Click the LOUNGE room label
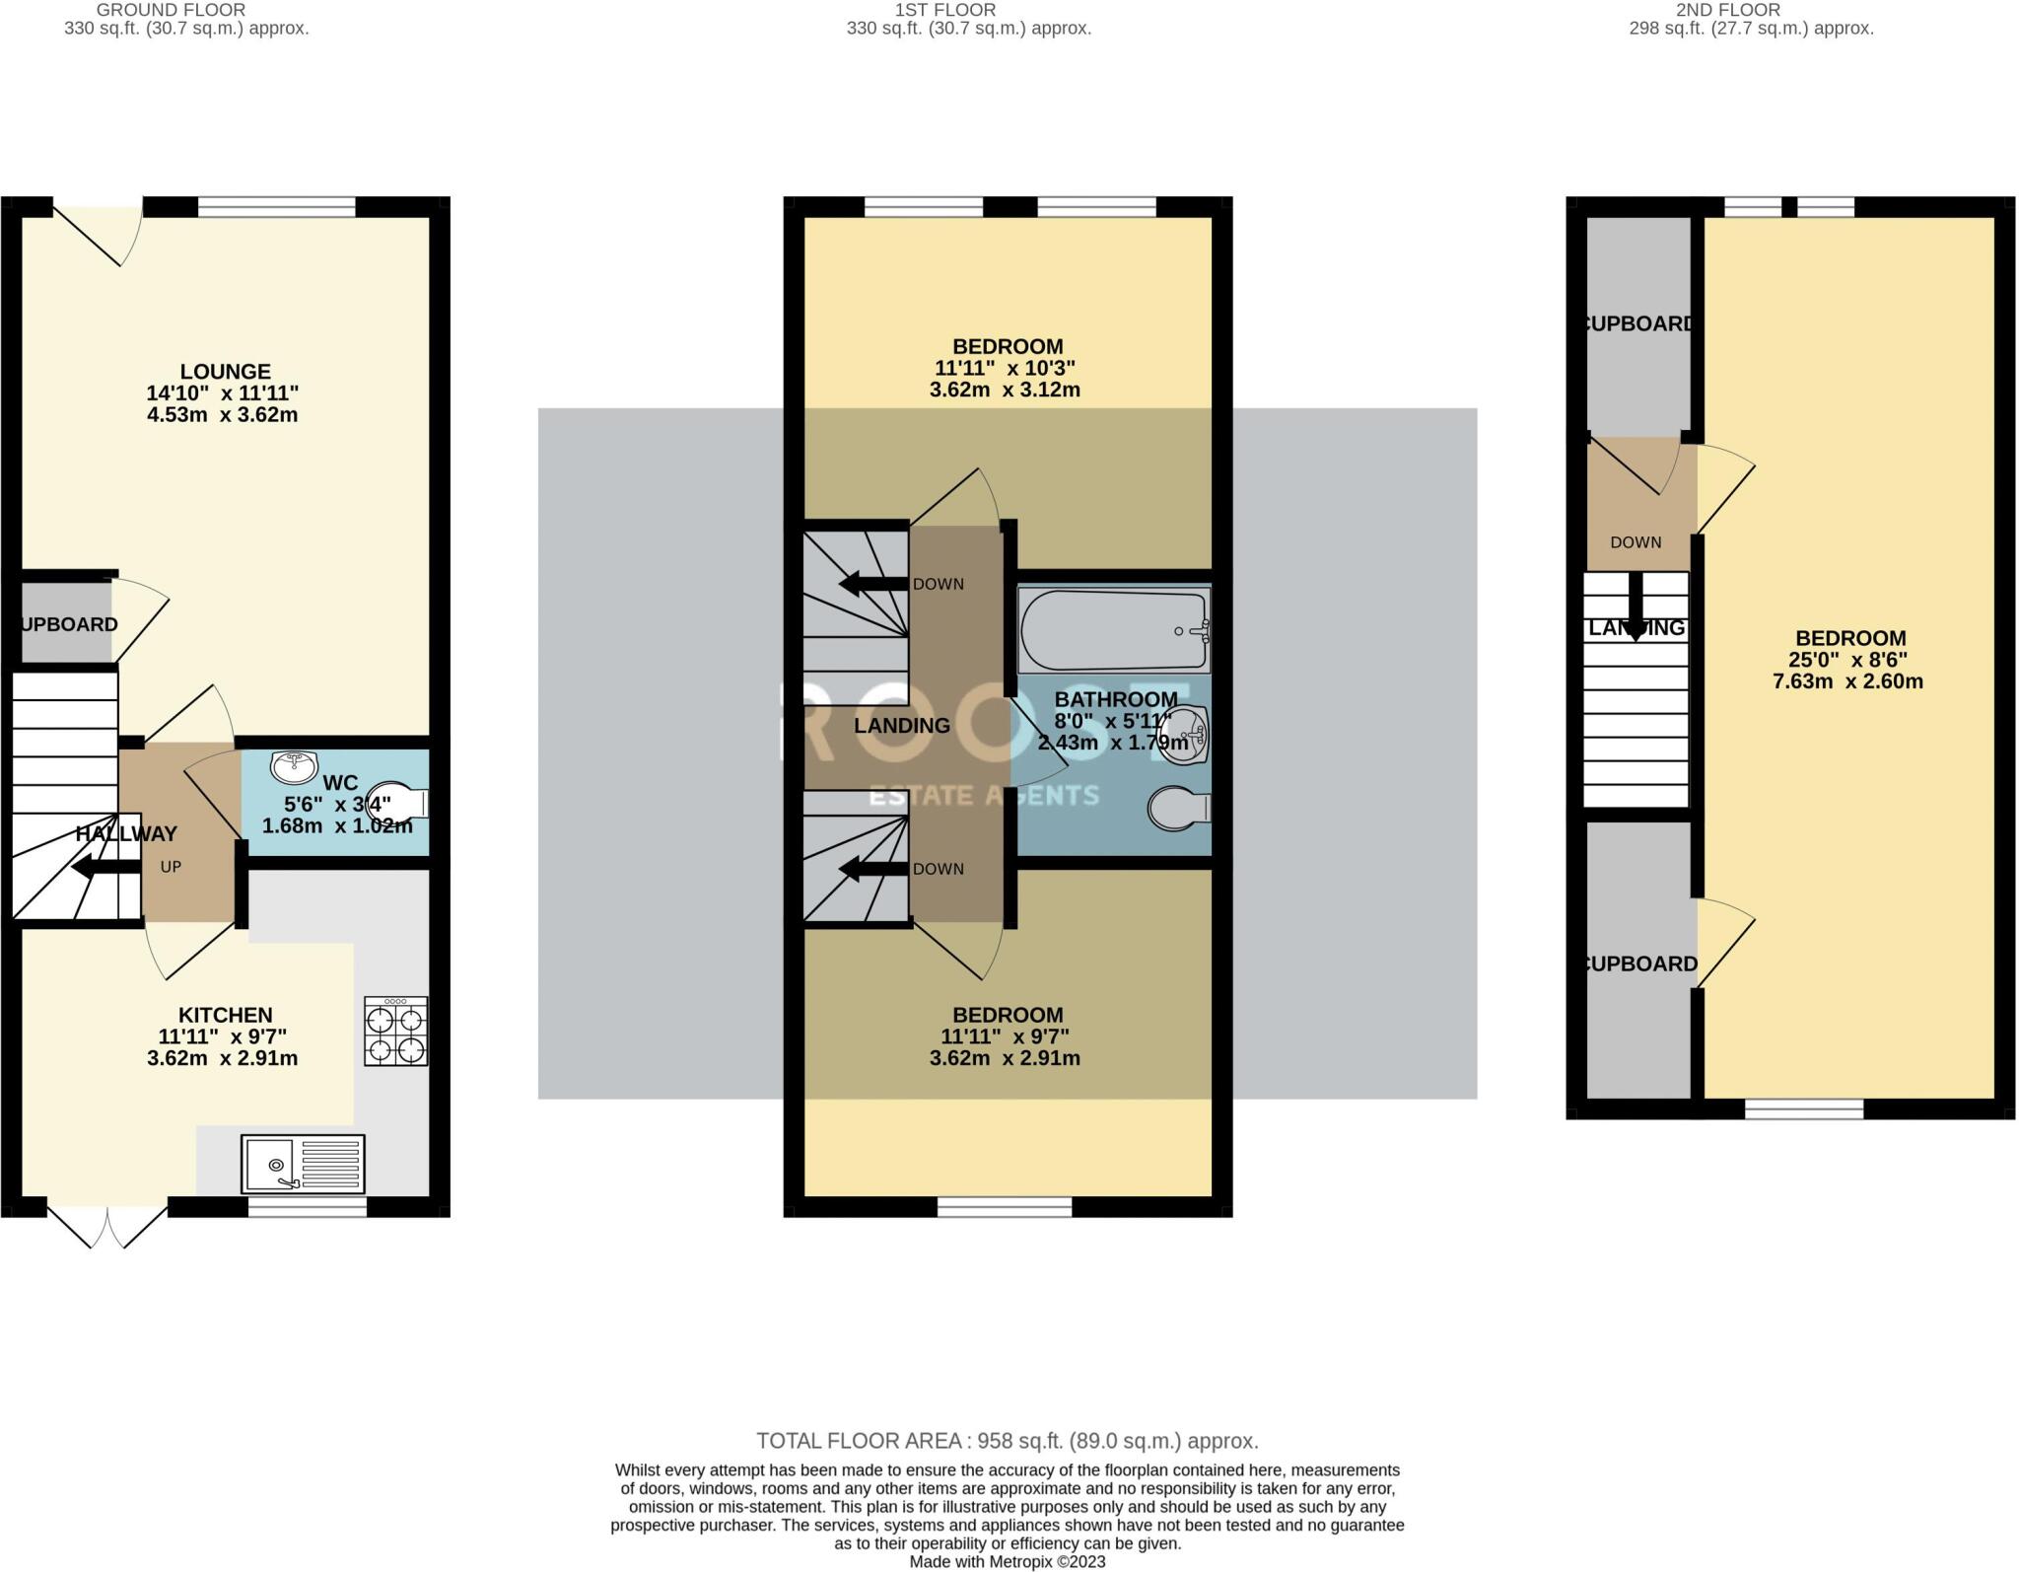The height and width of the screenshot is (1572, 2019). (225, 371)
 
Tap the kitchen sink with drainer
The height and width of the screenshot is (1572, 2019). (303, 1164)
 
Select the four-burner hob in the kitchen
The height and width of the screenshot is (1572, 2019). (396, 1032)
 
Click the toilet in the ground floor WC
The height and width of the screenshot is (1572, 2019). (399, 801)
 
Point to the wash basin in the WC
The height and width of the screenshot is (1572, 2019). (294, 764)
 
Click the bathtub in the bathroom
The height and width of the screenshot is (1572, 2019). (1113, 631)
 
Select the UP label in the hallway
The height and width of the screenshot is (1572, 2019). (171, 867)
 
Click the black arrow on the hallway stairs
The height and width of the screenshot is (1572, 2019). (105, 868)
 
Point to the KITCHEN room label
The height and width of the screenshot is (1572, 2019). (225, 1015)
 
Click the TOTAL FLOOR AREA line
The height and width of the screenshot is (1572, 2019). (1007, 1441)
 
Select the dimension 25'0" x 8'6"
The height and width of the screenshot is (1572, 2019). (1848, 660)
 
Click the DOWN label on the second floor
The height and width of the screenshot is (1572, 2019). (1636, 542)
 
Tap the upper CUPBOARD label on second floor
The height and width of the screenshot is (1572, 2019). (1639, 323)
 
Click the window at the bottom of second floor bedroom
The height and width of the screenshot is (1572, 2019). (1803, 1108)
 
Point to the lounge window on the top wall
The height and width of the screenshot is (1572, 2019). (276, 207)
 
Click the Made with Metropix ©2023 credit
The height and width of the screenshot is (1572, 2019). (1007, 1562)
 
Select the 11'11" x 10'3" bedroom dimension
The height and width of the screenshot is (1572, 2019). (1005, 368)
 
